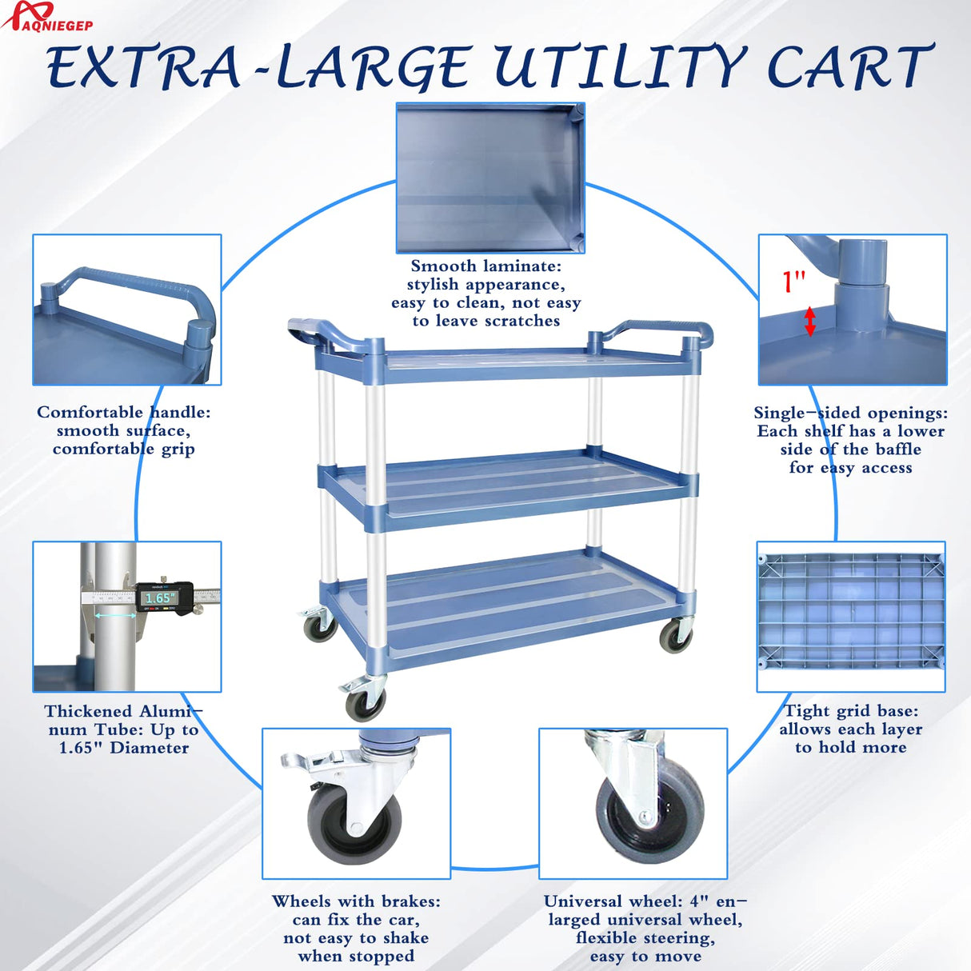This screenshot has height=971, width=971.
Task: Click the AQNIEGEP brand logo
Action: coord(47,16)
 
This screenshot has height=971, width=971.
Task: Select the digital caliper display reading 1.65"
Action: coord(160,597)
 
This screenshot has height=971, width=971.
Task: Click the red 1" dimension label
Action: coord(793,282)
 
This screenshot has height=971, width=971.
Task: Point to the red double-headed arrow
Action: coord(809,322)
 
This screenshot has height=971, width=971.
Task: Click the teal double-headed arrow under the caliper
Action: coord(115,615)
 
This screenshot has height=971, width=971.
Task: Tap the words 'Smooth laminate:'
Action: coord(485,266)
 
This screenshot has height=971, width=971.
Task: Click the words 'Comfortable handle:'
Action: coord(123,412)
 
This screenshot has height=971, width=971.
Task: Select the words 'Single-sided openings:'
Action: coord(850,413)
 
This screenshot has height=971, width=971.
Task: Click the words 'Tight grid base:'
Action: coord(852,710)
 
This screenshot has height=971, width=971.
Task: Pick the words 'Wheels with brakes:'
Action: coord(356,901)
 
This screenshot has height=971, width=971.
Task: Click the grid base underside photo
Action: coord(851,617)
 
